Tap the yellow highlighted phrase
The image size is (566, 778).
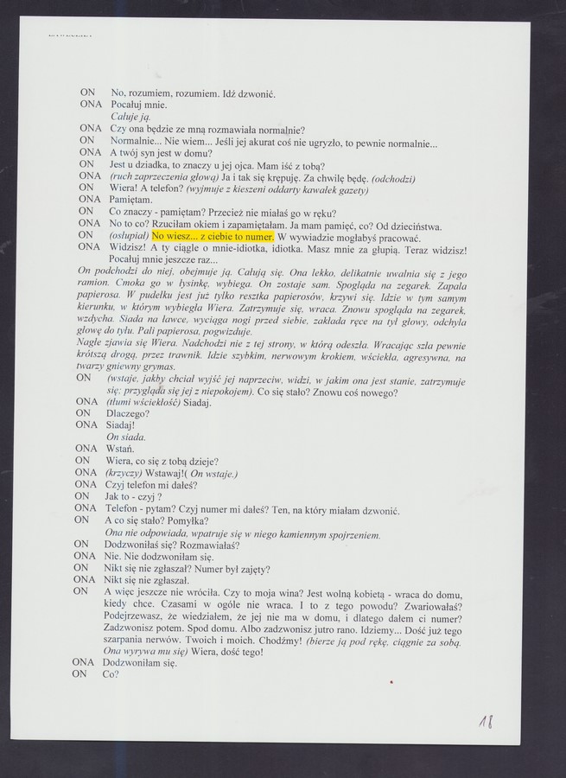coord(213,235)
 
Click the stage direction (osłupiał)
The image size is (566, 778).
coord(128,235)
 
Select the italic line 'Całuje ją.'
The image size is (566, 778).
coord(130,115)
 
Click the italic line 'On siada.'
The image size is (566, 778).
coord(125,437)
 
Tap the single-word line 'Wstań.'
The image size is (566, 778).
coord(120,450)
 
